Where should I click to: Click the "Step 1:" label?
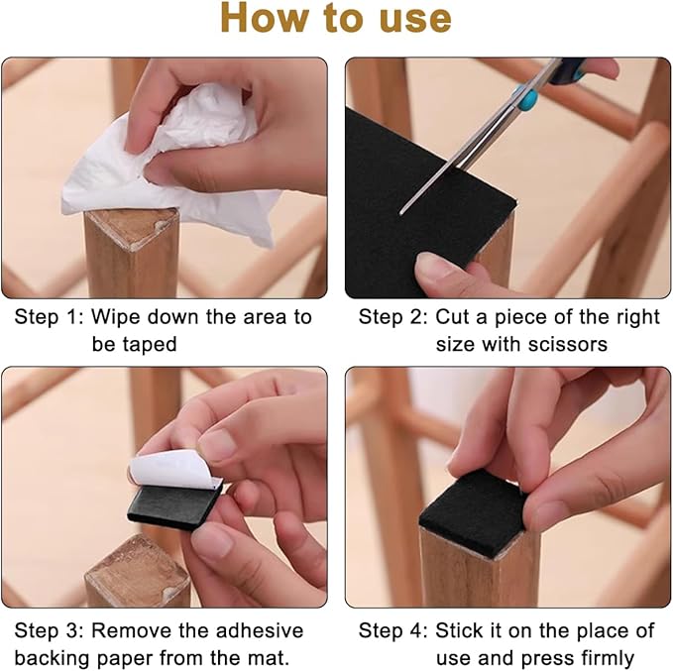click(48, 317)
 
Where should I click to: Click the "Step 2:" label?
click(393, 317)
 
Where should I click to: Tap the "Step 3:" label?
click(48, 630)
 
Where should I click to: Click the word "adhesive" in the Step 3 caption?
click(260, 630)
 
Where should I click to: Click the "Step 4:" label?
click(393, 630)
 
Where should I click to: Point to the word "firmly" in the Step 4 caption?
click(608, 658)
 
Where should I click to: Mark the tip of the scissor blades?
click(400, 212)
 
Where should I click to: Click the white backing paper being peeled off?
click(175, 470)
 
